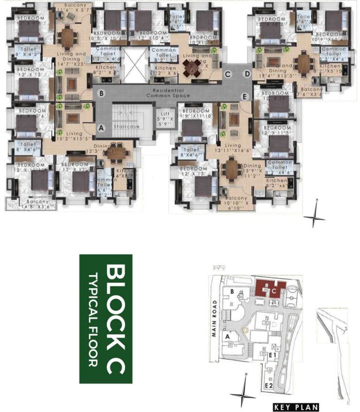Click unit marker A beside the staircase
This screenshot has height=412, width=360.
point(101,128)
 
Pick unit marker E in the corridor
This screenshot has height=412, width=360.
point(245,96)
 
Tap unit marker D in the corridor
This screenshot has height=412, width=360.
point(247,73)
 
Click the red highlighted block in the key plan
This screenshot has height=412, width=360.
point(271,289)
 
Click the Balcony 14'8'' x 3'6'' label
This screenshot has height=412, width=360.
point(30,203)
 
